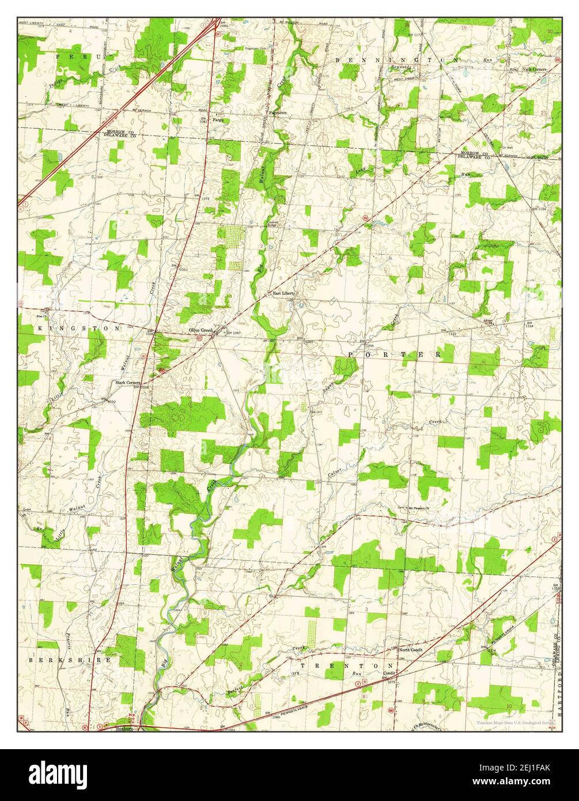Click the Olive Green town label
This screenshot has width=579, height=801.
[x=201, y=330]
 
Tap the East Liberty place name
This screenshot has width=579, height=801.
[x=284, y=293]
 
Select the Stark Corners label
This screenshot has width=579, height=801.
[x=127, y=382]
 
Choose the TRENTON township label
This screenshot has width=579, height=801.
[x=339, y=665]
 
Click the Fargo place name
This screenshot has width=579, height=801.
[x=218, y=120]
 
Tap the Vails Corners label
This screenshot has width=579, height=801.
[x=534, y=69]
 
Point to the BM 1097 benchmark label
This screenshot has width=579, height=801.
[x=233, y=333]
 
